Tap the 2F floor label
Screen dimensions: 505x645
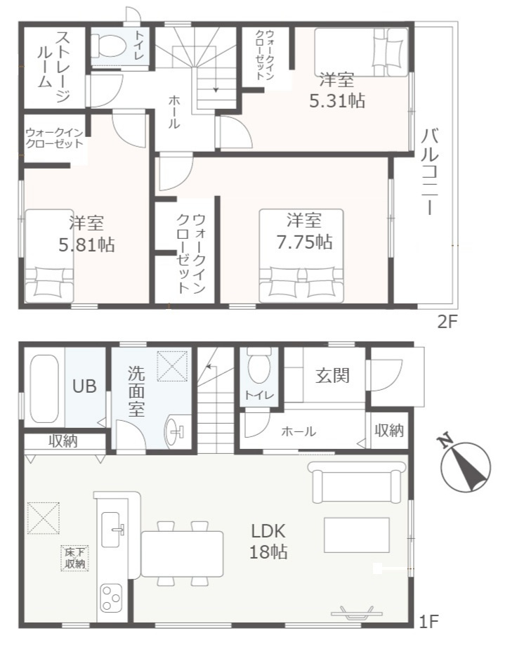tap(447, 322)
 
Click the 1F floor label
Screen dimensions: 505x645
tap(428, 633)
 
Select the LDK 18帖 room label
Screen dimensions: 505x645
tap(268, 542)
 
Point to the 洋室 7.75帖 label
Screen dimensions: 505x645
tap(304, 232)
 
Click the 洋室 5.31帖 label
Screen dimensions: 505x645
tap(337, 91)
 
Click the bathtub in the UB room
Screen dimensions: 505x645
tap(44, 389)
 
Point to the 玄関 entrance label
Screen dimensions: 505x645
tap(333, 375)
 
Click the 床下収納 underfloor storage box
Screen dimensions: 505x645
tap(75, 558)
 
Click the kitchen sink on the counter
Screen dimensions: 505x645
tap(113, 529)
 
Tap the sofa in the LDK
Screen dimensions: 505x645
tap(357, 482)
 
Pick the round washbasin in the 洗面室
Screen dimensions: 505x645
tap(175, 431)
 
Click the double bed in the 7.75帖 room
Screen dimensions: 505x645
tap(301, 256)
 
